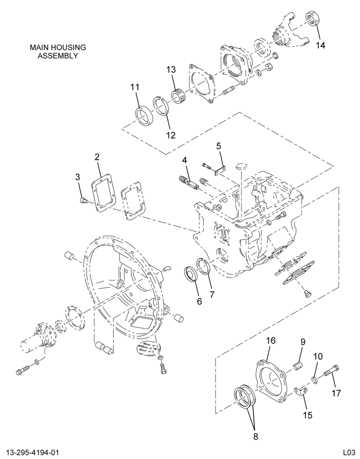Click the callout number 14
pos(321,45)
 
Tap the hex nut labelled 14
pos(313,19)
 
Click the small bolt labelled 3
pos(83,201)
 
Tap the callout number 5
pos(219,146)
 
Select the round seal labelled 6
pos(191,273)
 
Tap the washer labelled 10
pos(314,381)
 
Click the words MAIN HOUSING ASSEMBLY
pos(58,51)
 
